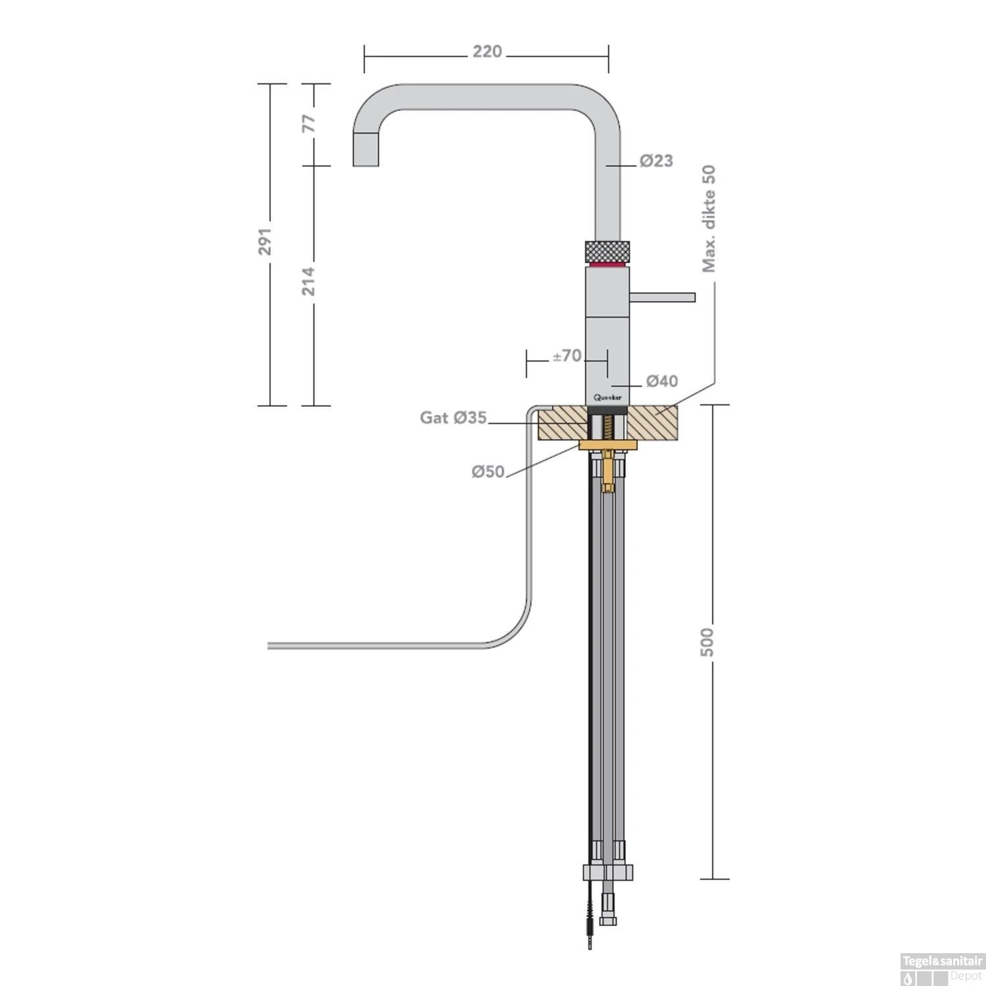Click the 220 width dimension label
[487, 51]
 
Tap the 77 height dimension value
[309, 123]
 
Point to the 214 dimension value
[309, 281]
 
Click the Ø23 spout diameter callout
[656, 160]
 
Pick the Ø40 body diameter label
[661, 381]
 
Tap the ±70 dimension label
[567, 356]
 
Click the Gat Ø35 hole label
[454, 417]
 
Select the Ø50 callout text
[488, 471]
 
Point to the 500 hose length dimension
[707, 642]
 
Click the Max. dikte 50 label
[709, 218]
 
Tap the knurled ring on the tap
[607, 251]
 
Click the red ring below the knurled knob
[607, 264]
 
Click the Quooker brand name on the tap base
[607, 397]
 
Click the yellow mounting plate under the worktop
[607, 446]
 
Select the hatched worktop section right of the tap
[654, 423]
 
